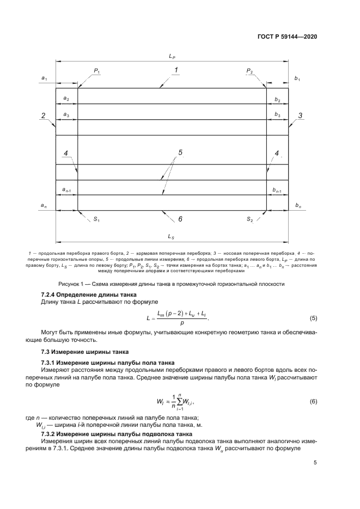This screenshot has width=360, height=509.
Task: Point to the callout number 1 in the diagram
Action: (x=176, y=70)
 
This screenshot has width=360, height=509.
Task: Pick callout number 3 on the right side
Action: (x=300, y=115)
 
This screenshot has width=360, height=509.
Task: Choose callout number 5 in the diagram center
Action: (x=180, y=152)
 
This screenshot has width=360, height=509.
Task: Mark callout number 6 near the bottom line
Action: (x=180, y=219)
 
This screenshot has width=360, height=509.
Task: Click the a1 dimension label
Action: (x=44, y=79)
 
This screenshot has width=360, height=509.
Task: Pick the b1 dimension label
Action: (x=297, y=79)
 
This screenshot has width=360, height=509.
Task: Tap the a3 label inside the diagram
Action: (x=66, y=114)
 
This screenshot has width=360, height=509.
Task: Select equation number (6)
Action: (x=313, y=402)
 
